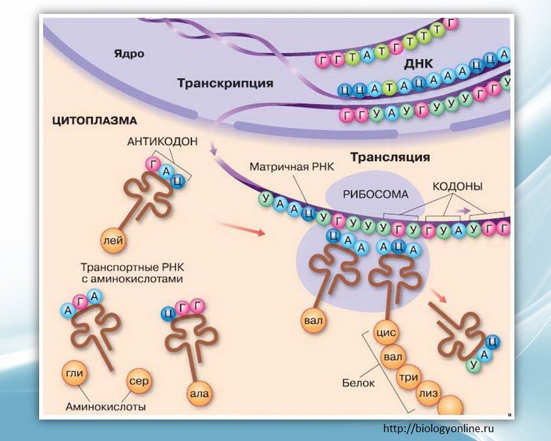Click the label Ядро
(x=129, y=54)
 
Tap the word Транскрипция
(x=225, y=83)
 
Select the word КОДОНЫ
(x=458, y=187)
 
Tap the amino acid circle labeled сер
(x=139, y=380)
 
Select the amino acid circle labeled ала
(x=198, y=394)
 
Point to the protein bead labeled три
(x=407, y=377)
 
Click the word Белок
(x=358, y=383)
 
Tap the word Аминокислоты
(x=105, y=407)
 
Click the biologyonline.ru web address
(x=438, y=429)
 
